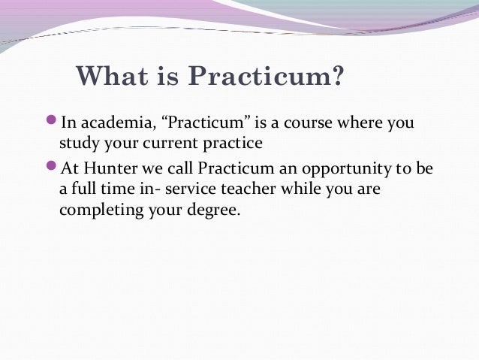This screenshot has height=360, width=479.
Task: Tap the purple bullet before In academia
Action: tap(52, 121)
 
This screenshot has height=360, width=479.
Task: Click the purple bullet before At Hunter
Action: tap(52, 168)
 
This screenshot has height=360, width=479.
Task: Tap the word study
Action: tap(77, 144)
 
